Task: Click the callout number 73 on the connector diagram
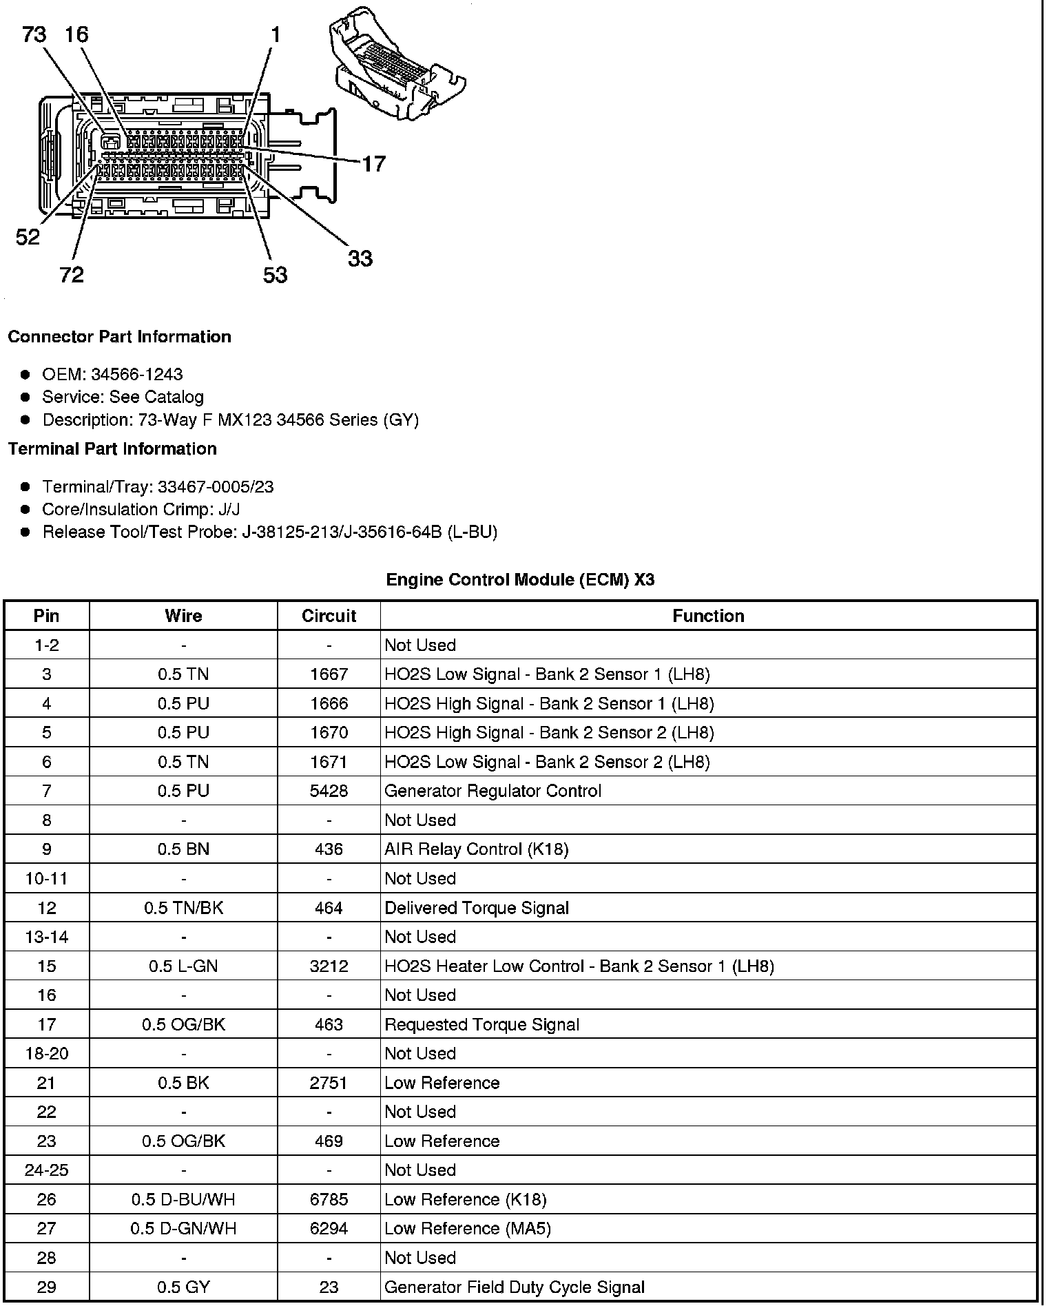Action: click(34, 34)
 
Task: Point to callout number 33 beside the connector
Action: click(360, 259)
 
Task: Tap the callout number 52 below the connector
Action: click(28, 238)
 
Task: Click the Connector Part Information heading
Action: click(119, 337)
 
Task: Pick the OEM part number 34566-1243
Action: click(136, 374)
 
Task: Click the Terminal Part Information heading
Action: click(112, 449)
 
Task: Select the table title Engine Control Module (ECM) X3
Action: click(520, 580)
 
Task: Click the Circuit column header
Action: click(329, 616)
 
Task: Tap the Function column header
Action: click(708, 616)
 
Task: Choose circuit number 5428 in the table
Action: click(329, 791)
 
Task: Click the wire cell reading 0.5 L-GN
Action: click(183, 966)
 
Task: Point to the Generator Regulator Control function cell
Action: click(493, 791)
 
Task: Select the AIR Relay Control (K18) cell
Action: click(476, 849)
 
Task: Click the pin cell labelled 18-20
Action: click(46, 1054)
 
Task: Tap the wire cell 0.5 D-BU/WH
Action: click(183, 1200)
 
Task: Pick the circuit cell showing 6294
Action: click(329, 1229)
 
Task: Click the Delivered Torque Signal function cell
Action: click(477, 908)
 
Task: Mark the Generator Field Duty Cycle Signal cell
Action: click(515, 1287)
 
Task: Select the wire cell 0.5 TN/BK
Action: click(183, 908)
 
